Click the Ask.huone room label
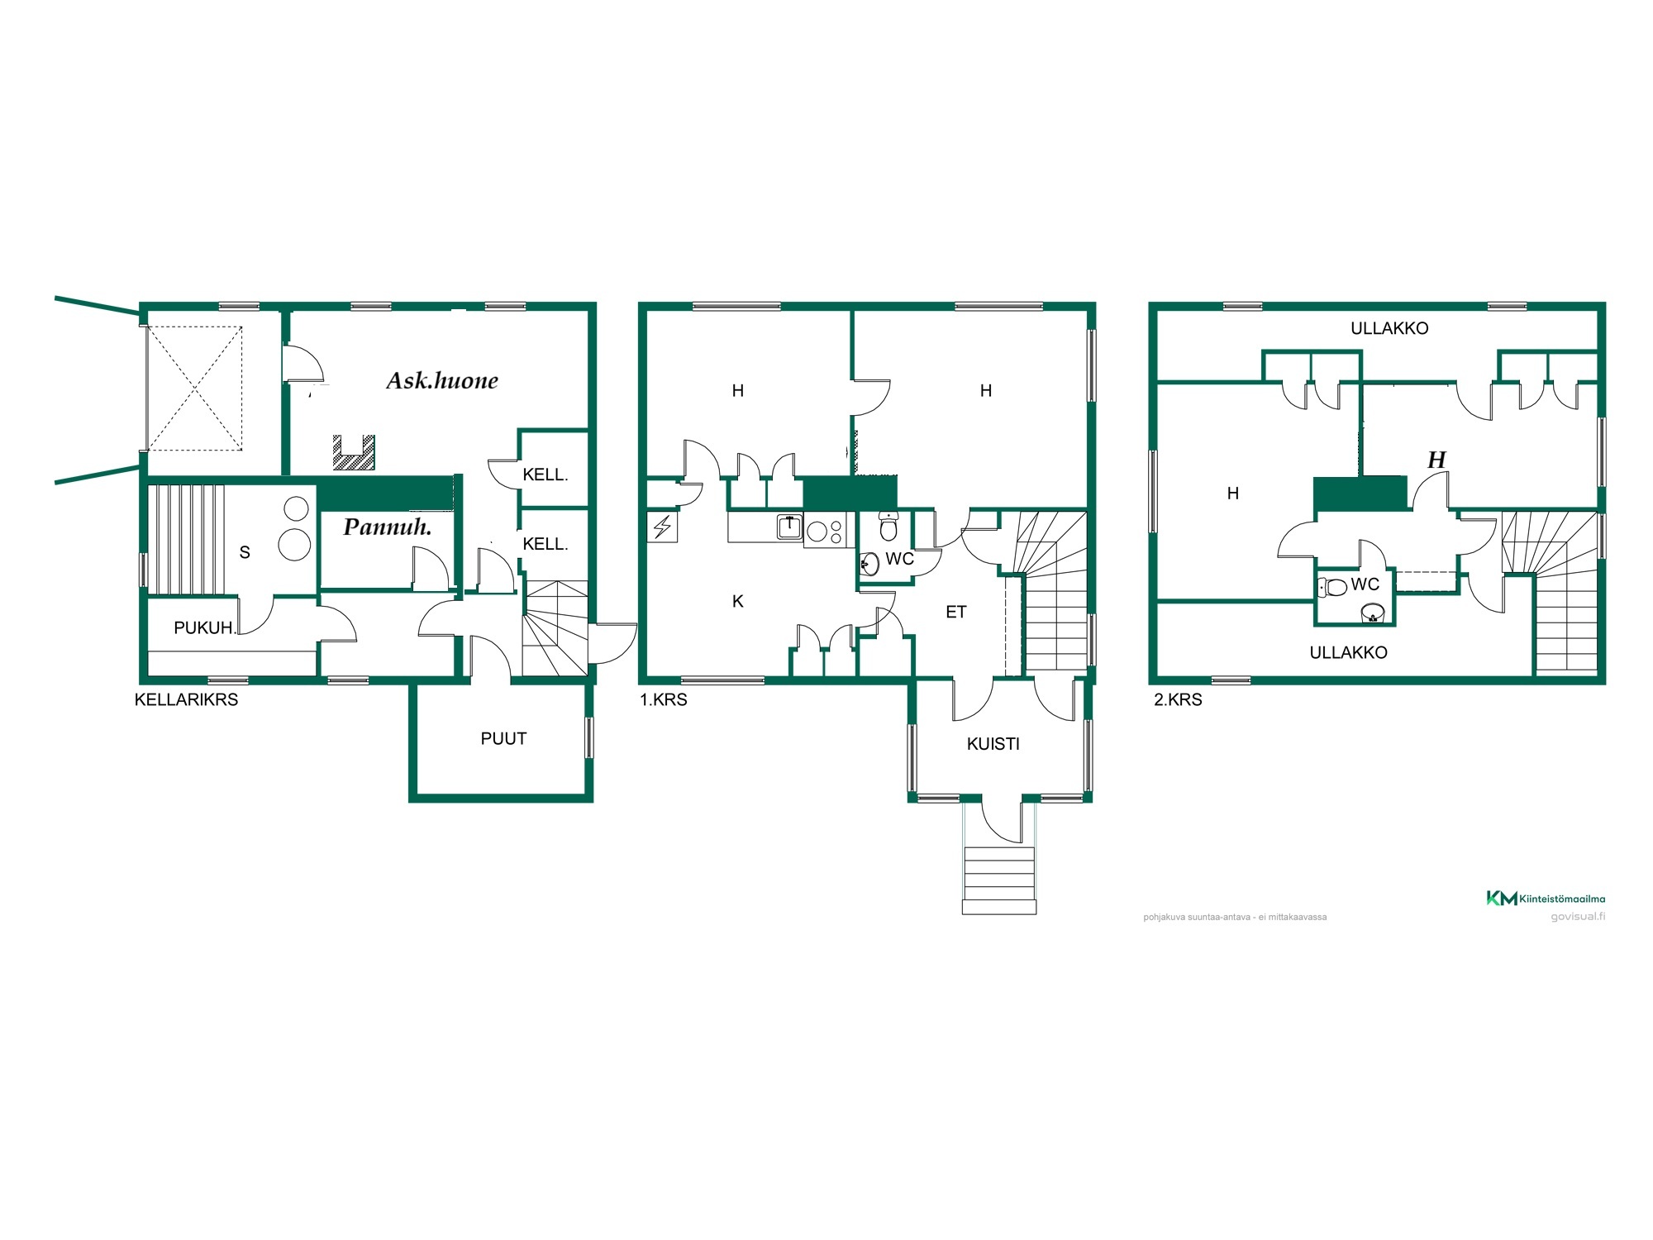click(442, 380)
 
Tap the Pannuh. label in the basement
click(388, 527)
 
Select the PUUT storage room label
click(503, 738)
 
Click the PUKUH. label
click(205, 627)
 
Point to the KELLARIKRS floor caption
click(186, 699)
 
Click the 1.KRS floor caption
click(663, 699)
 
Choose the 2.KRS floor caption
click(1178, 699)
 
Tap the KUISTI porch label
click(993, 744)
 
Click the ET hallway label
click(955, 612)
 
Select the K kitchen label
click(738, 602)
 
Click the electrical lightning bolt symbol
click(662, 527)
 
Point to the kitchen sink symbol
click(789, 527)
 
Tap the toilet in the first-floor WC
click(888, 525)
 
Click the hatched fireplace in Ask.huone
click(354, 454)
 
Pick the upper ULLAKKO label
click(1389, 328)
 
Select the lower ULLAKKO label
click(1348, 652)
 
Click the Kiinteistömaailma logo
click(1546, 898)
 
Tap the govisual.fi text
click(1578, 916)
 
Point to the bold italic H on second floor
click(1436, 460)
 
